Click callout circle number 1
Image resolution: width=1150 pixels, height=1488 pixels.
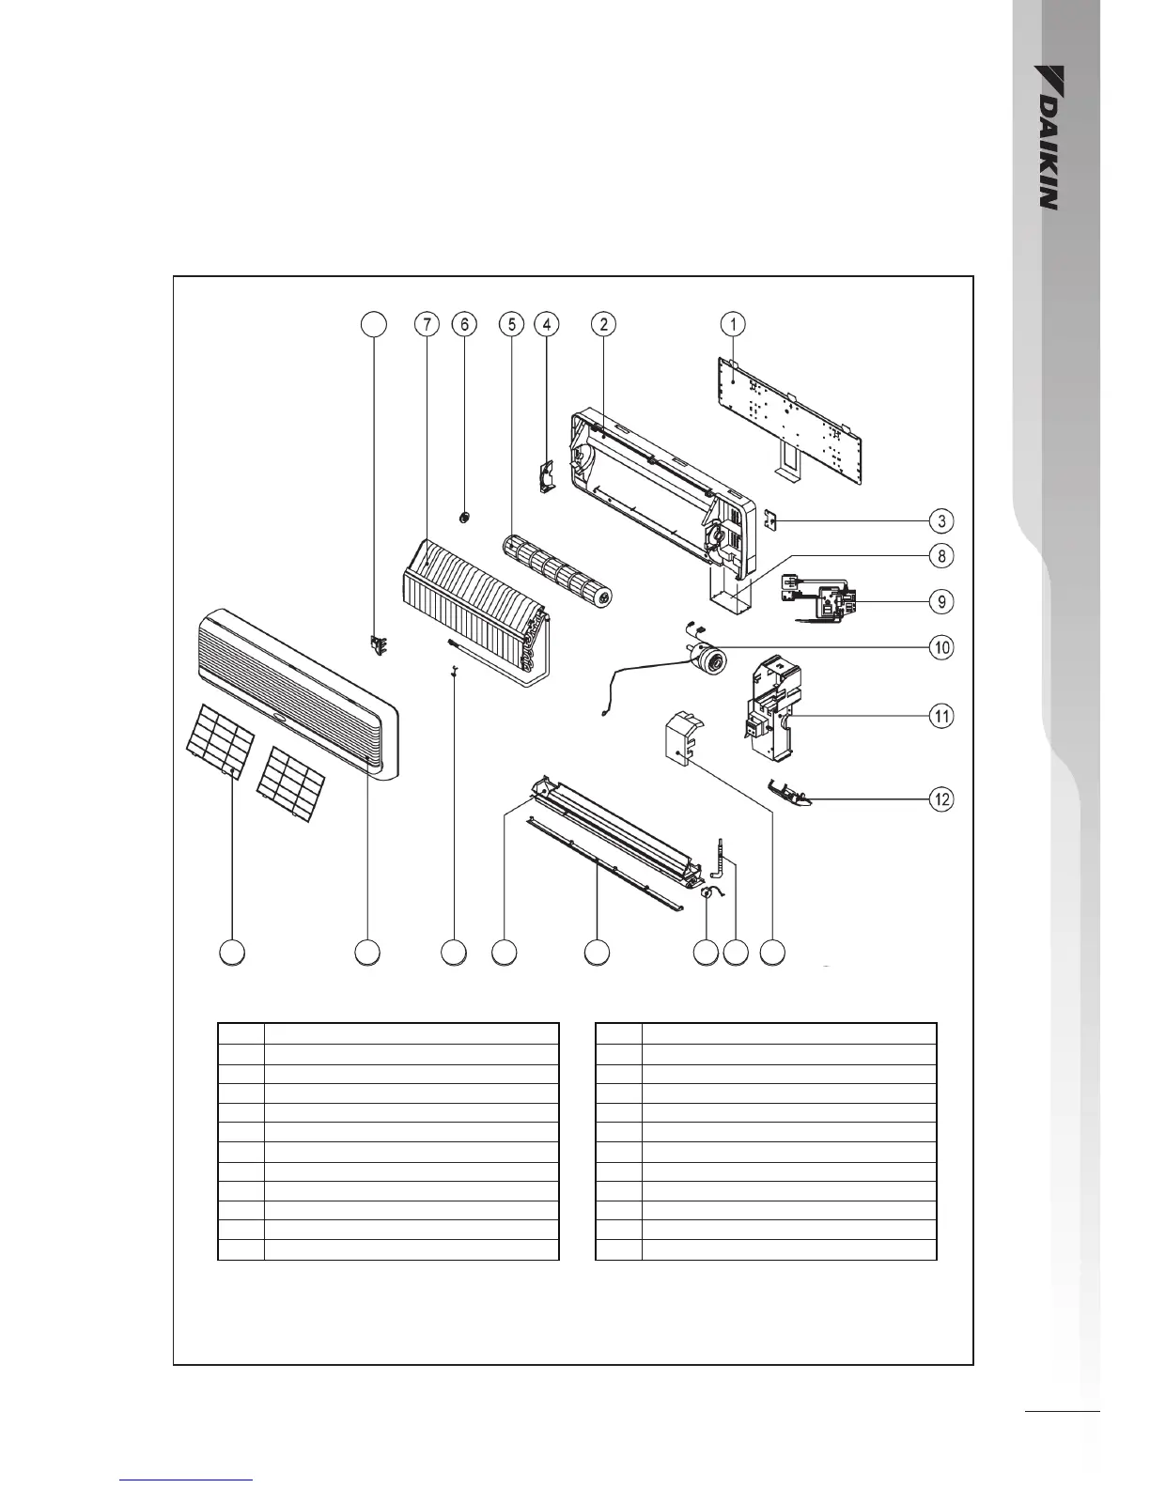point(733,324)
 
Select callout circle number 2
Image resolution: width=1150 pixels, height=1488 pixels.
point(603,324)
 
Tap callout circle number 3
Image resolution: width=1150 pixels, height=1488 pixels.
point(941,520)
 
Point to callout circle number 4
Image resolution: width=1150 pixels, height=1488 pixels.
point(546,324)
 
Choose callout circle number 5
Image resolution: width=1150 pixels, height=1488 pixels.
point(511,324)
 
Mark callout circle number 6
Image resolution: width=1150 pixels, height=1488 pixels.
point(464,324)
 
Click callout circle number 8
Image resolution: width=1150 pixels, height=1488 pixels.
point(941,556)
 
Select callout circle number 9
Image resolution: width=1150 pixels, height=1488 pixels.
point(941,601)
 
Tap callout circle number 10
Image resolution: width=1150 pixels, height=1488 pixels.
point(941,647)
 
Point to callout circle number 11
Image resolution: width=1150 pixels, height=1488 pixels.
point(941,716)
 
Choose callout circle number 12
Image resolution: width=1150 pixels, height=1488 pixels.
point(941,799)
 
